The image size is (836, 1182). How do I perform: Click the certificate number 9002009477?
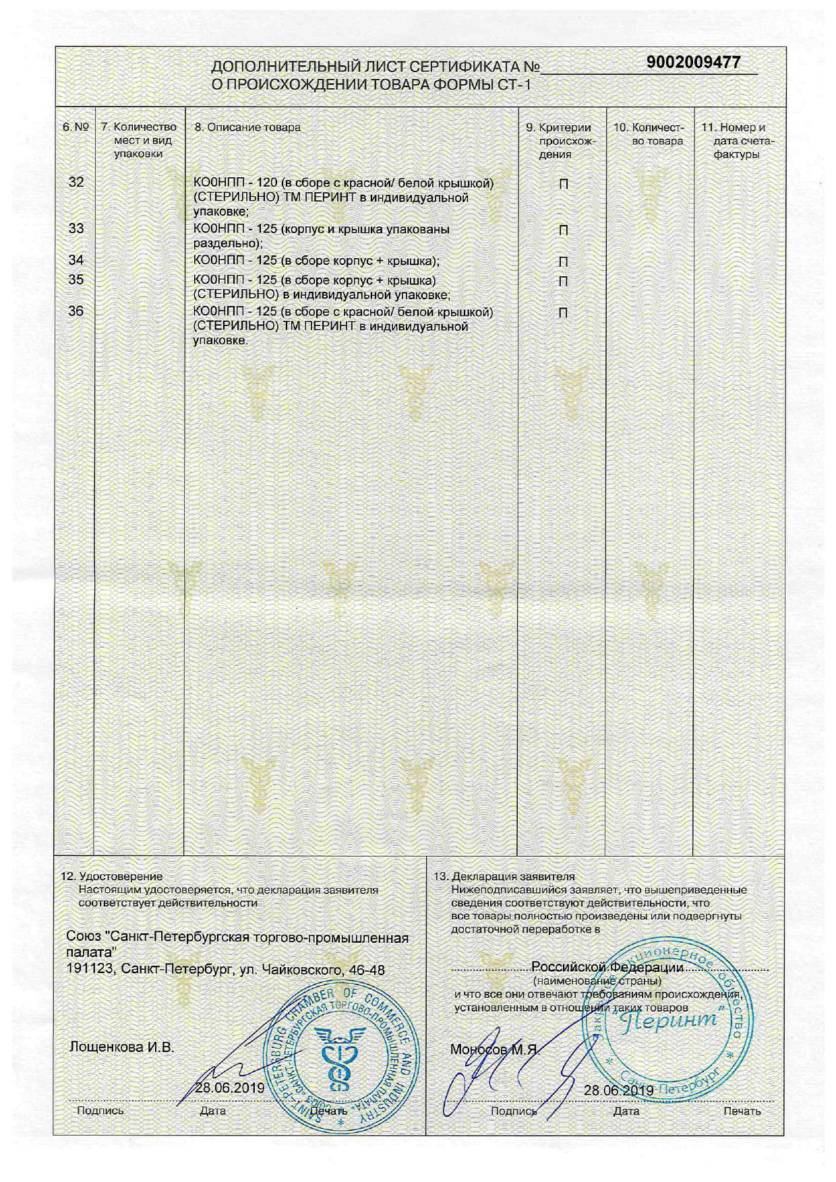point(693,63)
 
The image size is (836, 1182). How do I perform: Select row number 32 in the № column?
point(77,182)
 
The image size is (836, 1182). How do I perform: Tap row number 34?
point(77,260)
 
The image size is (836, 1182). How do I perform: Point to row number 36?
point(77,311)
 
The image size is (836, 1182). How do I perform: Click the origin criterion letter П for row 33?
point(563,230)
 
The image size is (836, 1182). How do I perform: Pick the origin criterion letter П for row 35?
point(563,280)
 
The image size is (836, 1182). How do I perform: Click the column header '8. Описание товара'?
point(247,127)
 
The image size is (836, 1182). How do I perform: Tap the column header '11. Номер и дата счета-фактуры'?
point(737,140)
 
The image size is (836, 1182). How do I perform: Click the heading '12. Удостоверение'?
point(112,877)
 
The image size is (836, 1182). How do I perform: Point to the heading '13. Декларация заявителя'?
point(504,877)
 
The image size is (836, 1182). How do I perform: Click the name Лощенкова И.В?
point(122,1047)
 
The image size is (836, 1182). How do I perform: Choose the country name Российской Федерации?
point(607,967)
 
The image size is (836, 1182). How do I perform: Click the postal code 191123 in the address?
point(90,970)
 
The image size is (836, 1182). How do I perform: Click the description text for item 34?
point(316,261)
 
